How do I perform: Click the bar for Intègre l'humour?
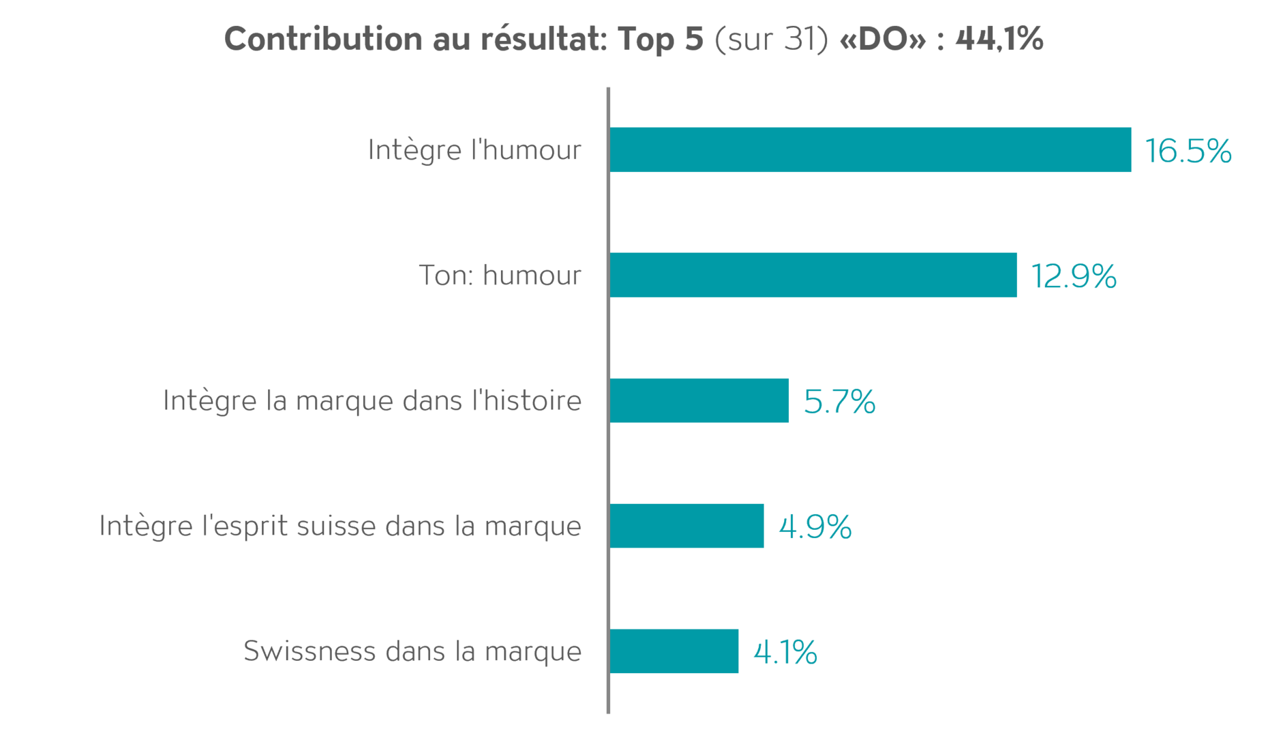871,149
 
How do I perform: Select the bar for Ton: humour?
813,275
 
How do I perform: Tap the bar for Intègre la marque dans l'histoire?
699,400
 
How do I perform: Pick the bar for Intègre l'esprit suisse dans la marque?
687,526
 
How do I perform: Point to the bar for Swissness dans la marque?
674,651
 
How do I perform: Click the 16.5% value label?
1188,151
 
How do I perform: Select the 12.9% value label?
1074,276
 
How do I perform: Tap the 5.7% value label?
839,402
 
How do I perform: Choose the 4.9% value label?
815,527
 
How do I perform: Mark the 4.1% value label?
785,653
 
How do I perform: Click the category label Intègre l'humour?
474,150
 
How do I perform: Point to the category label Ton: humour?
500,276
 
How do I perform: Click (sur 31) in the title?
771,39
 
